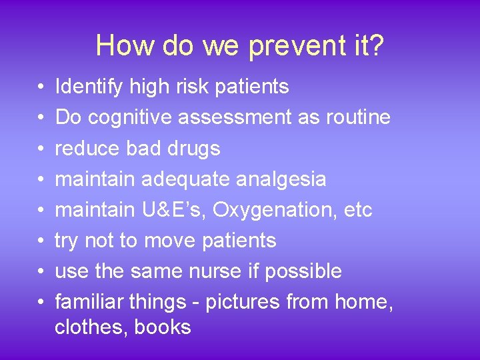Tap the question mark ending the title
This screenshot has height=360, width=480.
coord(376,46)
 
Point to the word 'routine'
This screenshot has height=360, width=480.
coord(358,117)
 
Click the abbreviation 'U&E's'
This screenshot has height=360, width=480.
coord(177,209)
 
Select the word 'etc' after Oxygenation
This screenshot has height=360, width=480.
coord(357,209)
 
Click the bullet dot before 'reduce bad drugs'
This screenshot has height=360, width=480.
coord(40,149)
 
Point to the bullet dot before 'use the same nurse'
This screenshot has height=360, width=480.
coord(40,272)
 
